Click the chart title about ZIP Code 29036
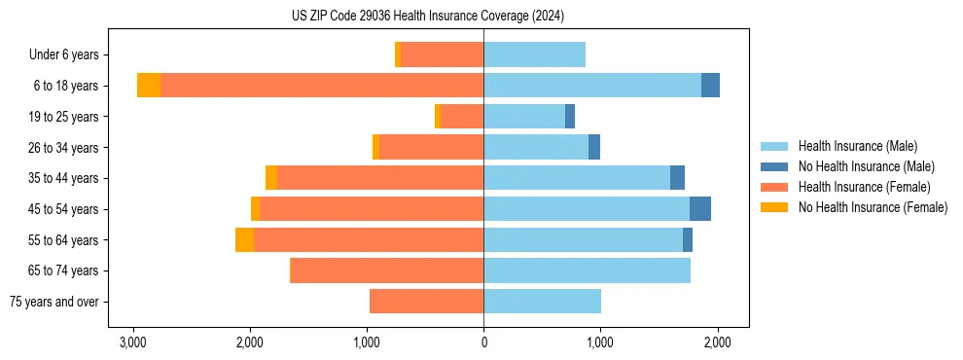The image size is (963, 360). coord(427,17)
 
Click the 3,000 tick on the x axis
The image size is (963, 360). coord(132,342)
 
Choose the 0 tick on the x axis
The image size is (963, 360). coord(483,342)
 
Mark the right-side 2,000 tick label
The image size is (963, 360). coord(717,342)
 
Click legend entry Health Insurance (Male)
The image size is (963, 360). coord(857,146)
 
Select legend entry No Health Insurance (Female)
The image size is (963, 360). coord(873,207)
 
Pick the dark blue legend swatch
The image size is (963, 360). coord(774,166)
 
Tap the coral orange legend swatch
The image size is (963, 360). coord(774,187)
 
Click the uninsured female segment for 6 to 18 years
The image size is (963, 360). coord(149,86)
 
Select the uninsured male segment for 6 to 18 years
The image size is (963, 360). coord(710,86)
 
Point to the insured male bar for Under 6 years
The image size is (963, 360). coord(534,54)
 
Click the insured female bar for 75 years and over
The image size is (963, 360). coord(426,302)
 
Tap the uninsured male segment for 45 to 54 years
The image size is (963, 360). coord(700,209)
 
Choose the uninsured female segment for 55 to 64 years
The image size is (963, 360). coord(244,240)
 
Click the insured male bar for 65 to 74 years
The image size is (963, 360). coord(587,270)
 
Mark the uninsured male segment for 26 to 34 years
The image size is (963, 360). coord(594,147)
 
